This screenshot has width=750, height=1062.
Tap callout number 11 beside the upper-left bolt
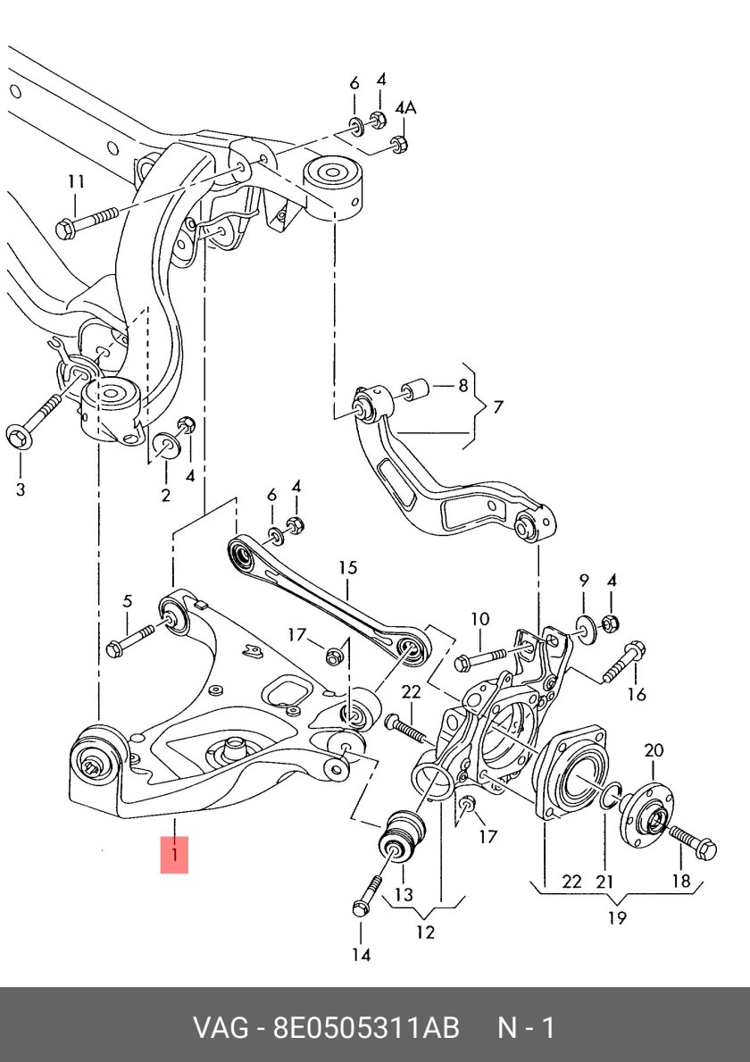pyautogui.click(x=76, y=182)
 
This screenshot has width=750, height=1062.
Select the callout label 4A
pyautogui.click(x=405, y=108)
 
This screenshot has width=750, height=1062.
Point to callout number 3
pyautogui.click(x=21, y=489)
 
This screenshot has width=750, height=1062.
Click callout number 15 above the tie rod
pyautogui.click(x=347, y=567)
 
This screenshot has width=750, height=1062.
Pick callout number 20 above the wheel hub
pyautogui.click(x=653, y=749)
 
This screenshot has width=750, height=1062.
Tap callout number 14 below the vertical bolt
pyautogui.click(x=360, y=955)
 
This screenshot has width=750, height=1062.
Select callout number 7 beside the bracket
pyautogui.click(x=497, y=407)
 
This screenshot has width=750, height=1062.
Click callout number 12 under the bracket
pyautogui.click(x=425, y=932)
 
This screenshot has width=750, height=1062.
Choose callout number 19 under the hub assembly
pyautogui.click(x=617, y=917)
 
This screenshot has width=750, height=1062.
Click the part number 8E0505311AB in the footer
pyautogui.click(x=365, y=1027)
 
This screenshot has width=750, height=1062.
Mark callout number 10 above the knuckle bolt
pyautogui.click(x=479, y=619)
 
